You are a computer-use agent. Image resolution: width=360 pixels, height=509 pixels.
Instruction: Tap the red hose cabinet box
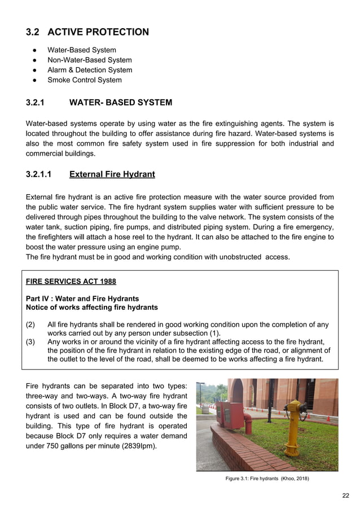pos(229,415)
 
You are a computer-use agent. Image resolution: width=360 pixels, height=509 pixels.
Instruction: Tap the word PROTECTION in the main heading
pos(118,32)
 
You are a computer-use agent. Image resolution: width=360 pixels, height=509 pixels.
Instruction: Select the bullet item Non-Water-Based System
pos(89,60)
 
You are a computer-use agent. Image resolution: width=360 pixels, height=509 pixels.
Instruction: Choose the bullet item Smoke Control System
pos(84,80)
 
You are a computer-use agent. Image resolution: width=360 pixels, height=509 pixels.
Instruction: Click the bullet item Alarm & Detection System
pos(89,70)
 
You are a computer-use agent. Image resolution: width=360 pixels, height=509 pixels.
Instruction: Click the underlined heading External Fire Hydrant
pos(112,174)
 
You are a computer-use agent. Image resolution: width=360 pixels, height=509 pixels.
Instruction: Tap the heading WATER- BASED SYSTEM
pos(120,103)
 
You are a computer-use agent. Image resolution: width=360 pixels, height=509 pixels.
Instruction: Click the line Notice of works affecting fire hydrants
pos(92,308)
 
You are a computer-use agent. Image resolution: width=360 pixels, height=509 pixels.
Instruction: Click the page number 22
pos(345,495)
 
